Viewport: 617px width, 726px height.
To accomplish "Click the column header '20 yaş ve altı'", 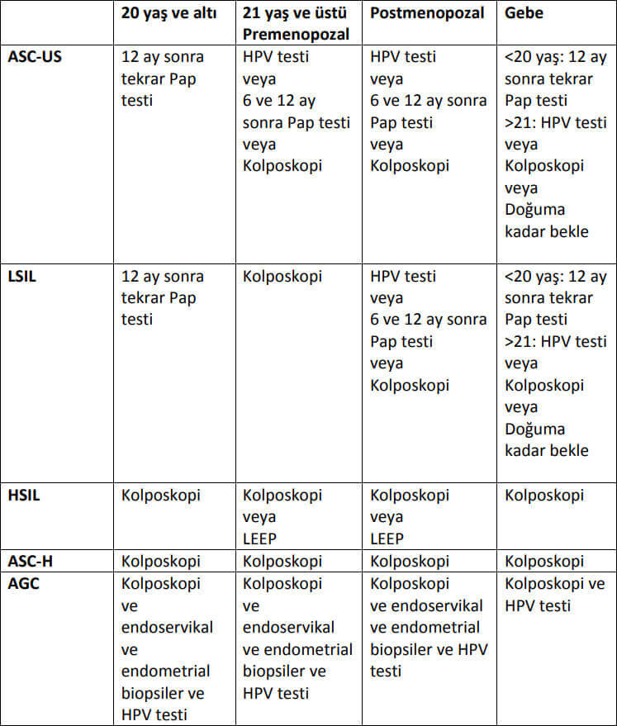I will pos(172,14).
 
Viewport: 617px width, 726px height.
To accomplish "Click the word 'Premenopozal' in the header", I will pos(297,35).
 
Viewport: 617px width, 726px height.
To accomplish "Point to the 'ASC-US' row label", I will pos(35,57).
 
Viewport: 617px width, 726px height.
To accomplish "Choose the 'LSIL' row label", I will pos(22,276).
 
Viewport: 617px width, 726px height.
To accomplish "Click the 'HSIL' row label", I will pos(23,496).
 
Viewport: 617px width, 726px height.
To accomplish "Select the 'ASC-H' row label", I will pos(31,562).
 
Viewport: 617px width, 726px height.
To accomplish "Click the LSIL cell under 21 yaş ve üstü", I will pos(282,276).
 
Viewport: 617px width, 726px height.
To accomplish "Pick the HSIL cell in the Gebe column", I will pos(544,496).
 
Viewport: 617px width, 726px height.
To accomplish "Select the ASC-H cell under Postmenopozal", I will pos(410,562).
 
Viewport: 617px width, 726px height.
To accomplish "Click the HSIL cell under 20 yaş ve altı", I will pos(161,496).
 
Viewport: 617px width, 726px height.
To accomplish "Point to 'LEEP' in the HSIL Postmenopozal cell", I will pos(387,539).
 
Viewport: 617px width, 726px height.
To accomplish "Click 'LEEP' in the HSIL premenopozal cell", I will pos(260,539).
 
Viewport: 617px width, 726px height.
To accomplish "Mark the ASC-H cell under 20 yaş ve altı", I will pos(161,562).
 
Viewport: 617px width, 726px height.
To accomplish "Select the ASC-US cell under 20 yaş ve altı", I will pos(162,78).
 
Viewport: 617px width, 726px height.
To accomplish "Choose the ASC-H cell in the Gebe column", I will pos(544,562).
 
